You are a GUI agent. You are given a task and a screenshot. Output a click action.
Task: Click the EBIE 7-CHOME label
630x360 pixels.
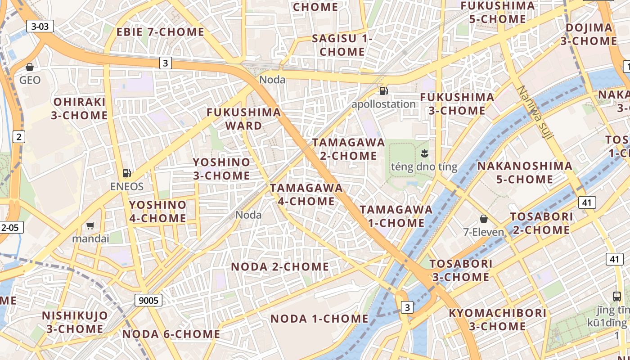tap(160, 32)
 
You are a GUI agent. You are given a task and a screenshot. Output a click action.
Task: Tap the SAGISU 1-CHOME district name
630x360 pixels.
tap(342, 45)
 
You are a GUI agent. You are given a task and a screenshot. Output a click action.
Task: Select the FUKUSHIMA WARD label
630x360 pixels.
tap(244, 119)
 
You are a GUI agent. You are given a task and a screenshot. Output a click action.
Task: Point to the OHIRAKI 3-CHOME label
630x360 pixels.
tap(79, 108)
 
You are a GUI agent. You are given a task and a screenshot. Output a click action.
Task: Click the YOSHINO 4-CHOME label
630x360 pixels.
tap(157, 211)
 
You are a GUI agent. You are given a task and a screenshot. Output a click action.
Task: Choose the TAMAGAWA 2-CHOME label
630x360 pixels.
tap(349, 149)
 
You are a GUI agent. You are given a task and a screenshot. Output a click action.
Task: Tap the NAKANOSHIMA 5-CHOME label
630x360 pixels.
tap(525, 172)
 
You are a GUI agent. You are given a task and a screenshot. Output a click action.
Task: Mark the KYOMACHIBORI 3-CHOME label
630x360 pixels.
tap(498, 319)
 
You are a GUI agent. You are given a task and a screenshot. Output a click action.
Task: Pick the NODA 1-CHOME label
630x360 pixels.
tap(319, 319)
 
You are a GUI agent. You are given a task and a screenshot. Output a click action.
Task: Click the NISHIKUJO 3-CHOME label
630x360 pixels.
tap(75, 322)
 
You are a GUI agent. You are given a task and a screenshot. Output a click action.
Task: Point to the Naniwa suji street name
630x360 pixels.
tap(534, 112)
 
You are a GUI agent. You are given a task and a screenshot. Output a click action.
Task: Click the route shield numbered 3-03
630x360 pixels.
tap(40, 26)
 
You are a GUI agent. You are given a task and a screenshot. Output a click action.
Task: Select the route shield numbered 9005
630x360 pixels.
tap(148, 300)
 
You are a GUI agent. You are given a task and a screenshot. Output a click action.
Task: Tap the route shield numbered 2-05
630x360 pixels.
tap(10, 227)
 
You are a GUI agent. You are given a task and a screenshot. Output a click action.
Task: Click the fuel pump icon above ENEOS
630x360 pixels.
tap(127, 173)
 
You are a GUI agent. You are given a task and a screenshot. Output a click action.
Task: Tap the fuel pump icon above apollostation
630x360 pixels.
tap(383, 90)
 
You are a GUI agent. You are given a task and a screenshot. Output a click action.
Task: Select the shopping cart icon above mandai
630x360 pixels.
tap(90, 225)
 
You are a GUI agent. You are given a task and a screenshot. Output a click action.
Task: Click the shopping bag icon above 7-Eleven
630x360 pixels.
tap(484, 219)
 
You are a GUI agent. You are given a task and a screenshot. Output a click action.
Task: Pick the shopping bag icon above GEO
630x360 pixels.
tap(30, 67)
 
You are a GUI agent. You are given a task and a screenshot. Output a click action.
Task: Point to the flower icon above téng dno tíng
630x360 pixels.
tap(424, 153)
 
